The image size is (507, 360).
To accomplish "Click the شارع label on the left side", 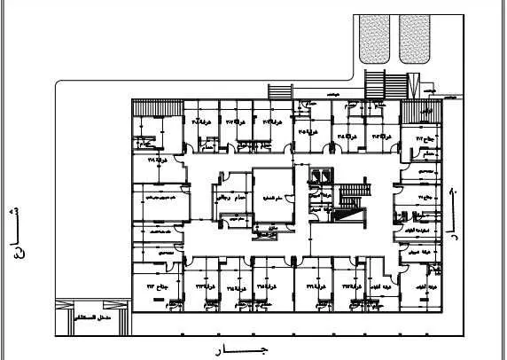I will pyautogui.click(x=12, y=229).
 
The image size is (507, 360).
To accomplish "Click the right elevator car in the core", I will pyautogui.click(x=330, y=176).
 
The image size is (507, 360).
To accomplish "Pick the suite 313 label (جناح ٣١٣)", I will pyautogui.click(x=145, y=286).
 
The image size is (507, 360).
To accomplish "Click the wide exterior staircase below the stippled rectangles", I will pyautogui.click(x=384, y=85).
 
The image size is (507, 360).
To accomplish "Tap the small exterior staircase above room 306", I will pyautogui.click(x=278, y=91).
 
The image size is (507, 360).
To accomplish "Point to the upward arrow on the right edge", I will pyautogui.click(x=453, y=192).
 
